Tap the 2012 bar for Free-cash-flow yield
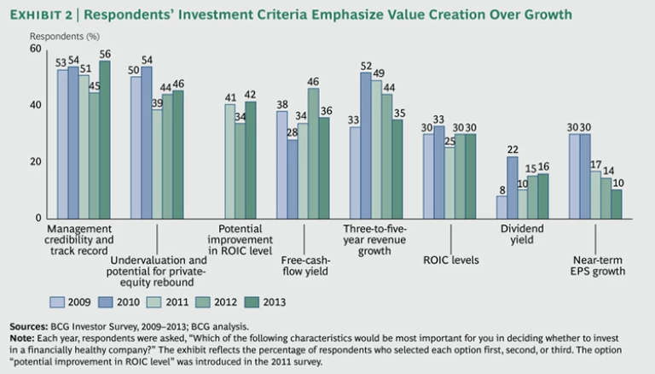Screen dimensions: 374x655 (314, 153)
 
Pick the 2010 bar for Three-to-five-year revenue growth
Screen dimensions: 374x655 (366, 145)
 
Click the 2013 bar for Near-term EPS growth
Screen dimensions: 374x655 (617, 203)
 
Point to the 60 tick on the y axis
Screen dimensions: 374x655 (35, 50)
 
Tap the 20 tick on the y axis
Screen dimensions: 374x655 (35, 161)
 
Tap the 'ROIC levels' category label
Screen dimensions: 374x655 (449, 258)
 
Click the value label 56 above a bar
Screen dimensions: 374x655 (105, 53)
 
